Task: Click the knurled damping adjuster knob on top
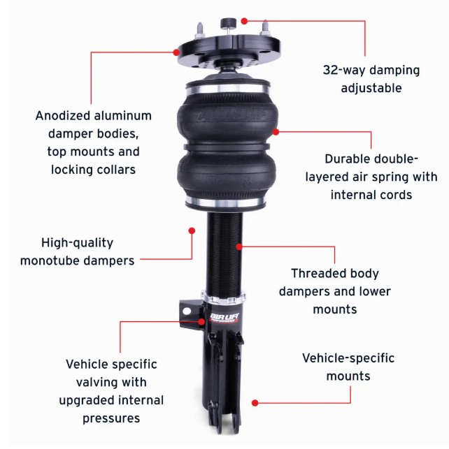[x=228, y=24]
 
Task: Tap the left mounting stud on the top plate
[x=200, y=30]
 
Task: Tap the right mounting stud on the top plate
[x=265, y=28]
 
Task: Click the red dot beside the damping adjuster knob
[x=244, y=21]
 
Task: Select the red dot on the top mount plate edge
[x=177, y=52]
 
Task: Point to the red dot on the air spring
[x=276, y=132]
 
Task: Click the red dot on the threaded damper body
[x=239, y=246]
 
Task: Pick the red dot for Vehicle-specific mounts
[x=255, y=403]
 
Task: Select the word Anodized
[x=63, y=116]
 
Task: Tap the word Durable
[x=342, y=159]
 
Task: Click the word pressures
[x=111, y=419]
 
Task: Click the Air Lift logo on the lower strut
[x=224, y=317]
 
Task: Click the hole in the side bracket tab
[x=187, y=311]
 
